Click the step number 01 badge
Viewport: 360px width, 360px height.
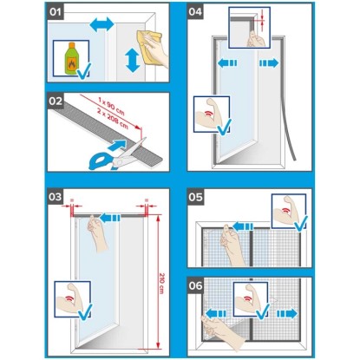tap(56, 12)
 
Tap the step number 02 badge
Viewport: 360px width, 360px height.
tap(56, 101)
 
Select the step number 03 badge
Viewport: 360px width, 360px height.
tap(56, 197)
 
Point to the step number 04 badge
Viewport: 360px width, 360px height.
tap(195, 12)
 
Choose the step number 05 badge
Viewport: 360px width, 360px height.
tap(195, 197)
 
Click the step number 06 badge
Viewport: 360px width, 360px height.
tap(195, 285)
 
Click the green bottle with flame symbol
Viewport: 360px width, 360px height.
tap(71, 58)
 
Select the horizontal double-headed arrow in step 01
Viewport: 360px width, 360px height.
tap(101, 24)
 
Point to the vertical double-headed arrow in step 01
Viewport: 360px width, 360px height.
tap(133, 60)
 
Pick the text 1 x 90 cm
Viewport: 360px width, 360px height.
tap(111, 106)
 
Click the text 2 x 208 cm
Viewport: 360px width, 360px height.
tap(113, 119)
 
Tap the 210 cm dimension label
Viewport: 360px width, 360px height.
tap(162, 283)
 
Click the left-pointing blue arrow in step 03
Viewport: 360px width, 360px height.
tap(110, 218)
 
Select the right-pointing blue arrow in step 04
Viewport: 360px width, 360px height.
tap(269, 62)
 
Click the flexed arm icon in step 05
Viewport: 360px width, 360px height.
tap(285, 211)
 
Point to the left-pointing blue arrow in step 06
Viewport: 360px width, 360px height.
tap(216, 313)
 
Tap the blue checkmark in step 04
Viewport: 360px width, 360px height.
tap(225, 127)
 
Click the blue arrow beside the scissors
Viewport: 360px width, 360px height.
tap(117, 145)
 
